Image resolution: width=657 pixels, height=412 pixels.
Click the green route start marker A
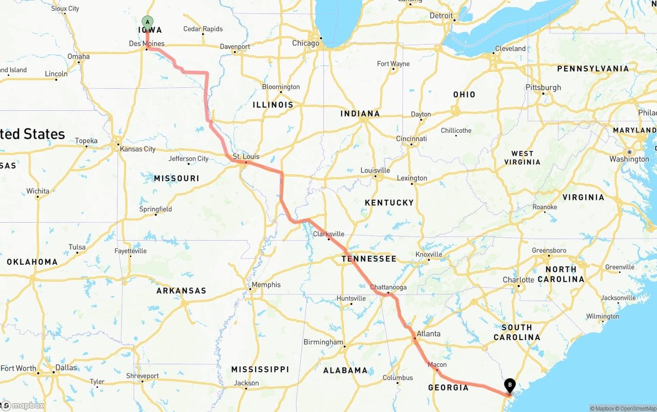[x=147, y=22]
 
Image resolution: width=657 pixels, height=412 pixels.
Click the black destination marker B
[x=510, y=383]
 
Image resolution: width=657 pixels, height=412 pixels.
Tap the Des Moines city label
[x=146, y=44]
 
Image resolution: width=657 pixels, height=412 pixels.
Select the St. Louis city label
[x=246, y=156]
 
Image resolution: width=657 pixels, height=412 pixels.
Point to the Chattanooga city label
[x=388, y=287]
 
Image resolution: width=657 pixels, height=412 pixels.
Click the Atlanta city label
[x=428, y=333]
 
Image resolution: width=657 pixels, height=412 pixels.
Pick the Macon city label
[x=437, y=365]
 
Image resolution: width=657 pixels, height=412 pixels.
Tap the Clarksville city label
[x=328, y=234]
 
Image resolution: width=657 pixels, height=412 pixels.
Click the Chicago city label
[x=305, y=43]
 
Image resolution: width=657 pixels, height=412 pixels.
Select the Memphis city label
[x=266, y=285]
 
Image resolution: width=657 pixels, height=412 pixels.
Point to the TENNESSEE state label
[x=369, y=259]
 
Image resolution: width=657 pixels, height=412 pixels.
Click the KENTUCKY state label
[x=389, y=203]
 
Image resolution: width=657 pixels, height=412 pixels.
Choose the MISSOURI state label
[x=177, y=179]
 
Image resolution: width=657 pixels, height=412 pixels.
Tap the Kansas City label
[x=137, y=149]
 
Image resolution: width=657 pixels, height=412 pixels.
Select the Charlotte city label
[x=518, y=280]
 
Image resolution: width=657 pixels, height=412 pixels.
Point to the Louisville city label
[x=375, y=170]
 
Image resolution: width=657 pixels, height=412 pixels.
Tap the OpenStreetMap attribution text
[x=636, y=409]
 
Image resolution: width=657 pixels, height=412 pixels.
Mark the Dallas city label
[x=66, y=367]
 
